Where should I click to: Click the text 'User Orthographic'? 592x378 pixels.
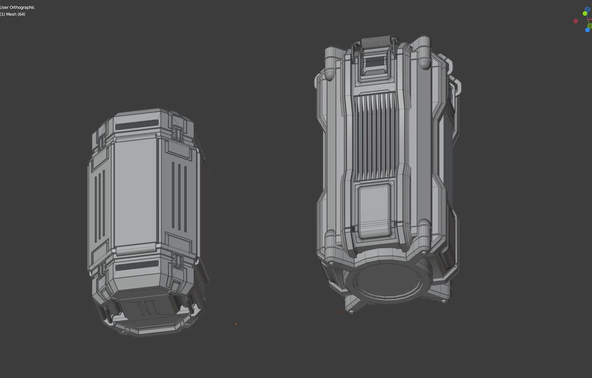pyautogui.click(x=18, y=7)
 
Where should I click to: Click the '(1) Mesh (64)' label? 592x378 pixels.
pyautogui.click(x=13, y=14)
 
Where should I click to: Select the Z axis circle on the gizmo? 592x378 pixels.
pyautogui.click(x=587, y=9)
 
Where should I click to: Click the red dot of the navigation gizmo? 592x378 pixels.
pyautogui.click(x=576, y=21)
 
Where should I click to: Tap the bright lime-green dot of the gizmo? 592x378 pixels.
pyautogui.click(x=585, y=14)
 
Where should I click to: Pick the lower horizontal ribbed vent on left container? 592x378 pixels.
pyautogui.click(x=137, y=267)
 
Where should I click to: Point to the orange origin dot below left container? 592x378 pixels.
pyautogui.click(x=236, y=324)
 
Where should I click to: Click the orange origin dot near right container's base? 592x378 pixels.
pyautogui.click(x=341, y=312)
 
